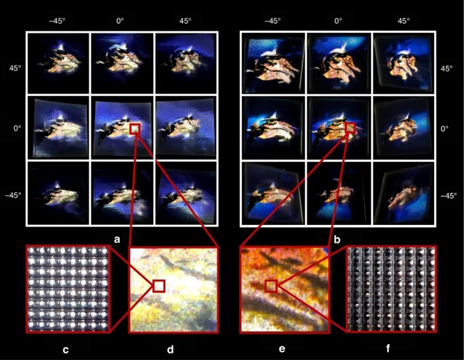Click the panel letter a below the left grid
(117, 240)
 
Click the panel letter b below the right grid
(337, 240)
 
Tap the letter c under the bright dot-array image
(65, 350)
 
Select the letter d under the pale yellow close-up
(170, 349)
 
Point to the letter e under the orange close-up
(282, 349)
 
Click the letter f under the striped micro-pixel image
(388, 348)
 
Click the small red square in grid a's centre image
(134, 129)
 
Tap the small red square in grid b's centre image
(350, 128)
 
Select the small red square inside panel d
(159, 286)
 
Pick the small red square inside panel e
(271, 286)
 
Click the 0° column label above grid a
(120, 21)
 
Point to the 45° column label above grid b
(404, 21)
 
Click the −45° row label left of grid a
(13, 195)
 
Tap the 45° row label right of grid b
(447, 69)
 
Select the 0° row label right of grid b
(444, 128)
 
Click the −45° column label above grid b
(272, 21)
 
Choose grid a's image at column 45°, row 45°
(186, 62)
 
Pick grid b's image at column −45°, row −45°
(274, 193)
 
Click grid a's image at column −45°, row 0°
(58, 127)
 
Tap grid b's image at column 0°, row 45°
(339, 62)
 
